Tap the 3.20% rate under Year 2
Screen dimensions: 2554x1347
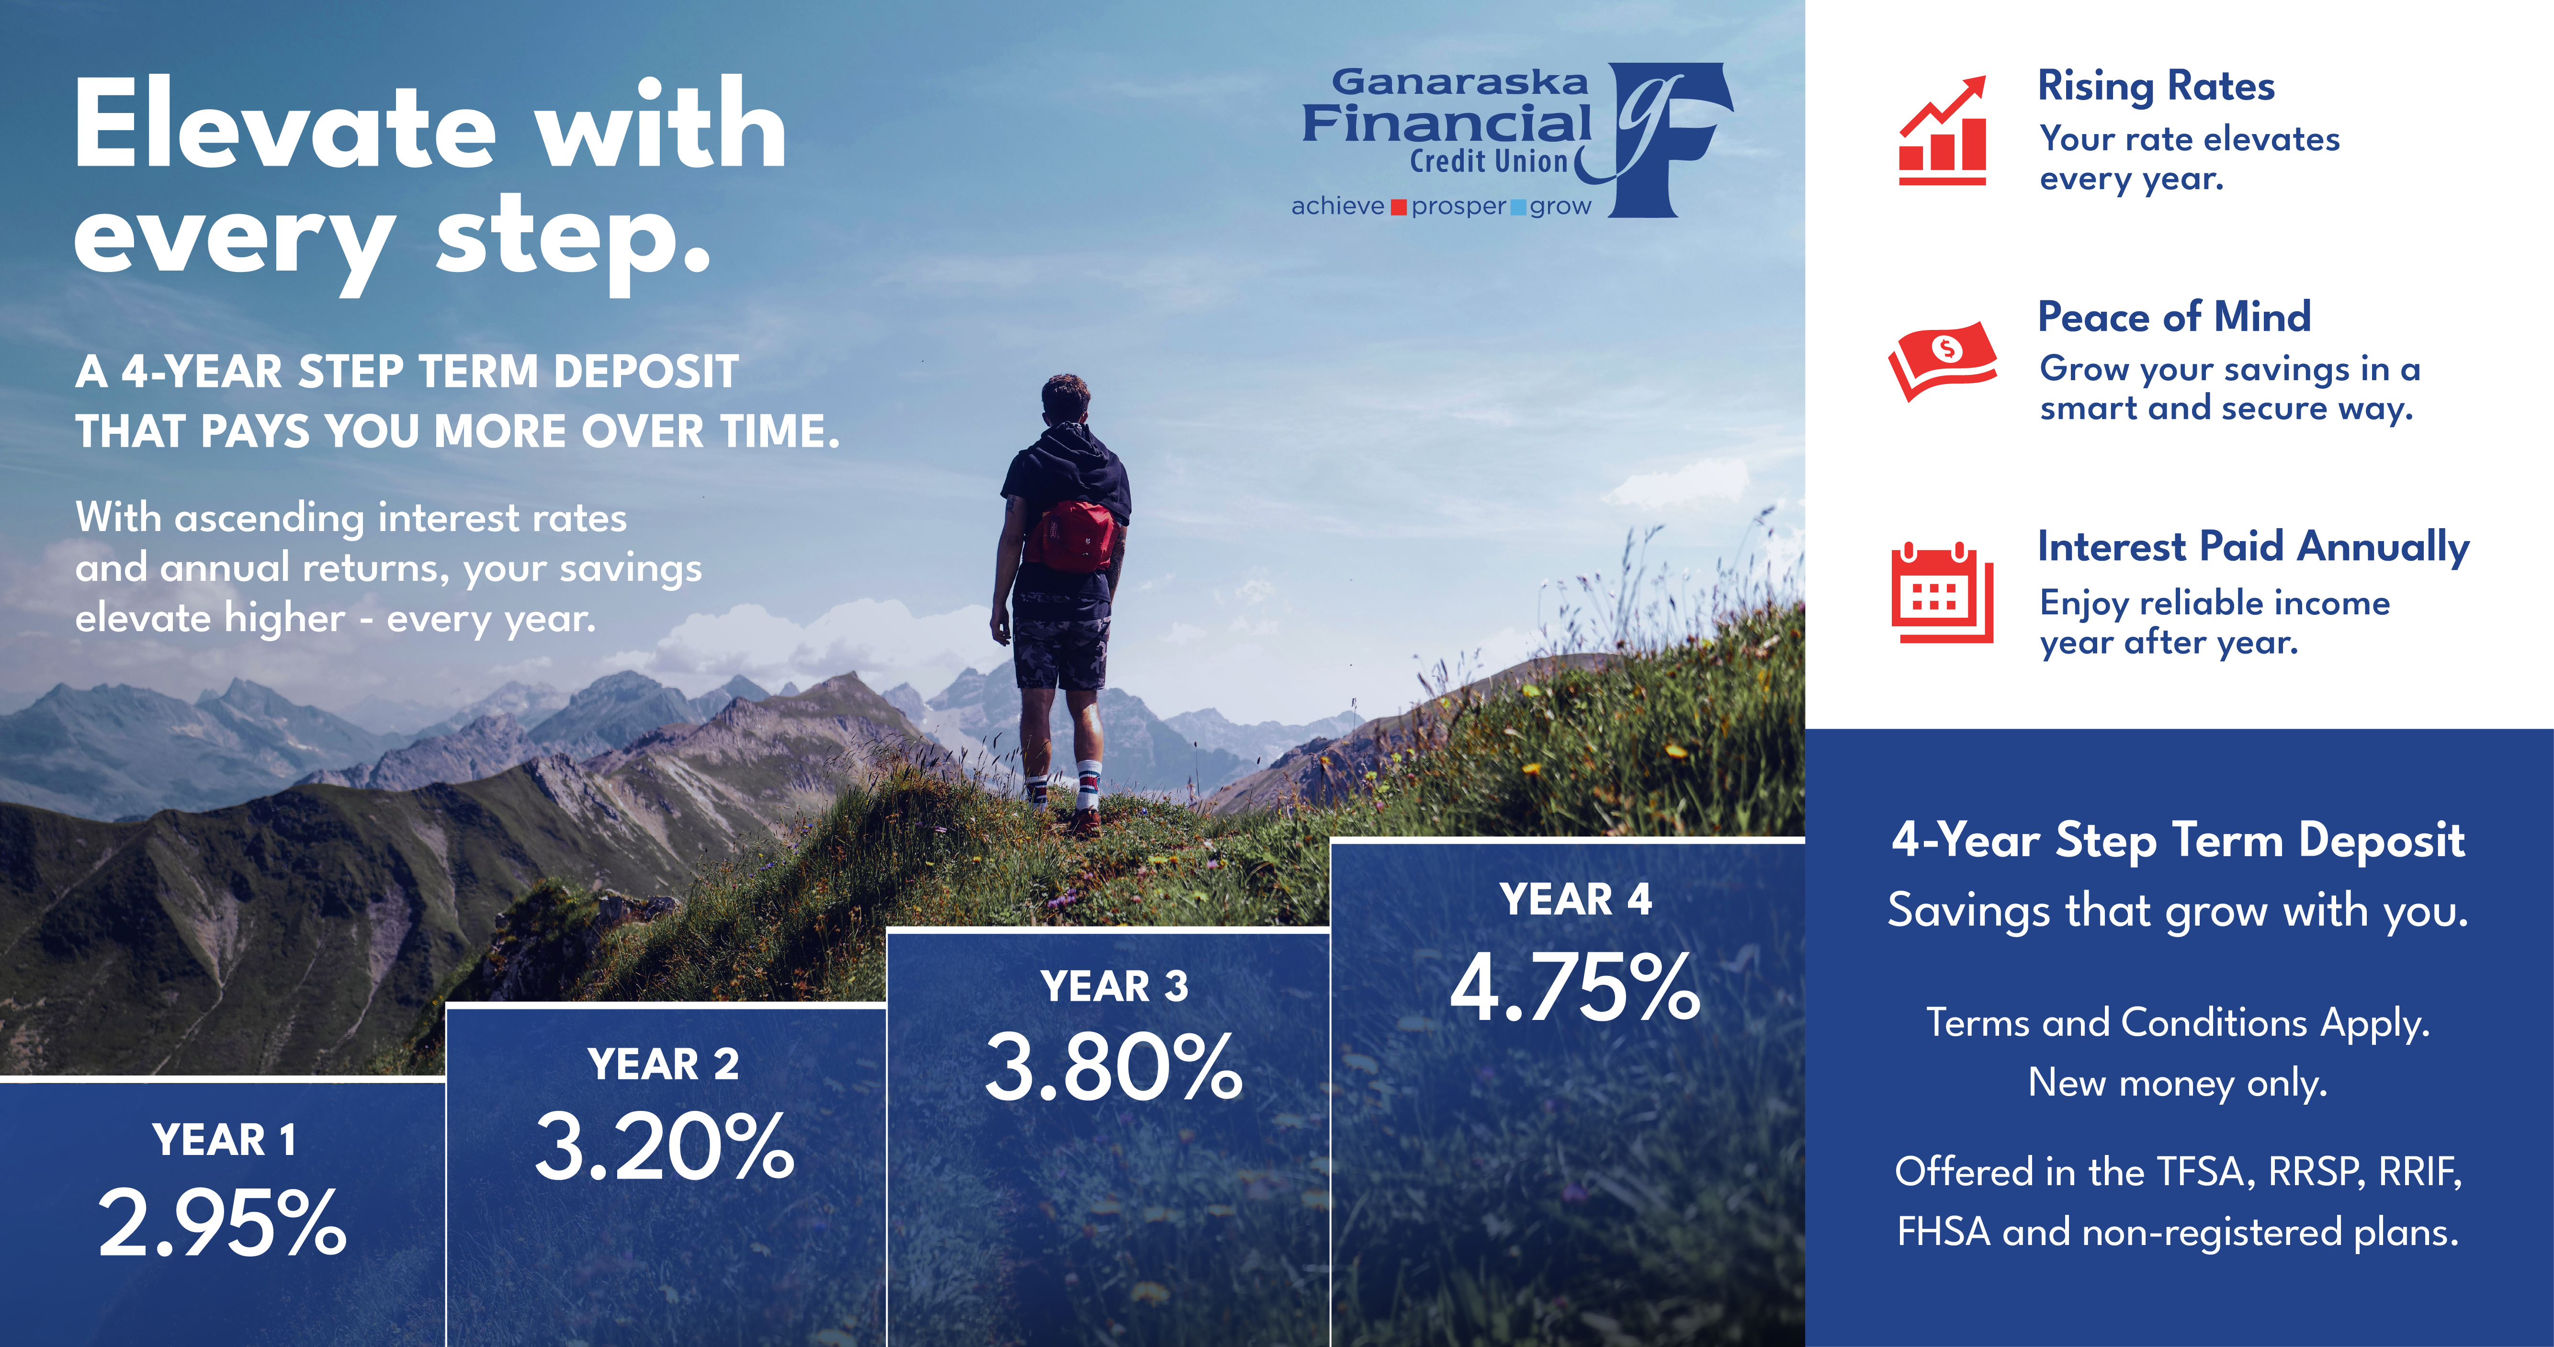(x=664, y=1147)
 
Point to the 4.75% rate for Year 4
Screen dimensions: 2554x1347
(x=1574, y=986)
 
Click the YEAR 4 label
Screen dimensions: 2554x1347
(x=1575, y=899)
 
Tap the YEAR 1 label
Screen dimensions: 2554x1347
(x=224, y=1140)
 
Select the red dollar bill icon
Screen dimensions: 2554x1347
(x=1941, y=360)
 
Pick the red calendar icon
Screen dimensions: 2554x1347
(x=1941, y=592)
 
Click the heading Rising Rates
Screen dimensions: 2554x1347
(x=2156, y=86)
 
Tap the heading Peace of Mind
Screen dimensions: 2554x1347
(x=2173, y=316)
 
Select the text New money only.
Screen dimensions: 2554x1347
(x=2177, y=1082)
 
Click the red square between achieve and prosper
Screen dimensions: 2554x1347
(x=1398, y=207)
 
